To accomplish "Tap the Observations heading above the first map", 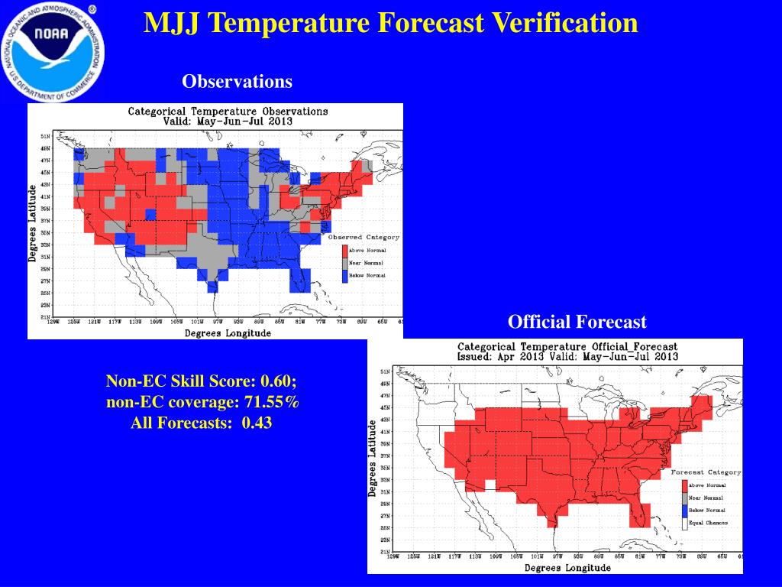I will pos(237,81).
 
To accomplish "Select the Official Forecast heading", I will pos(577,322).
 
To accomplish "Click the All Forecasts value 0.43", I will pos(257,422).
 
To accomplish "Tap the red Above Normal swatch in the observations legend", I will pos(344,251).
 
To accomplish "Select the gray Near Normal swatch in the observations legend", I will pos(344,263).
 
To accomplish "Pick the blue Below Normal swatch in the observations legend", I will pos(344,275).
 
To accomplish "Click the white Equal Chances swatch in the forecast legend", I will pos(683,524).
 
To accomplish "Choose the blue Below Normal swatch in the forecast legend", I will pos(683,511).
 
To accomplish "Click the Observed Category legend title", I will pos(364,238).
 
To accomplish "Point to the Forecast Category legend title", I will pos(706,472).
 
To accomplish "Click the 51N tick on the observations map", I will pos(46,136).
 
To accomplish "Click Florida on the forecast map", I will pos(638,514).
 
